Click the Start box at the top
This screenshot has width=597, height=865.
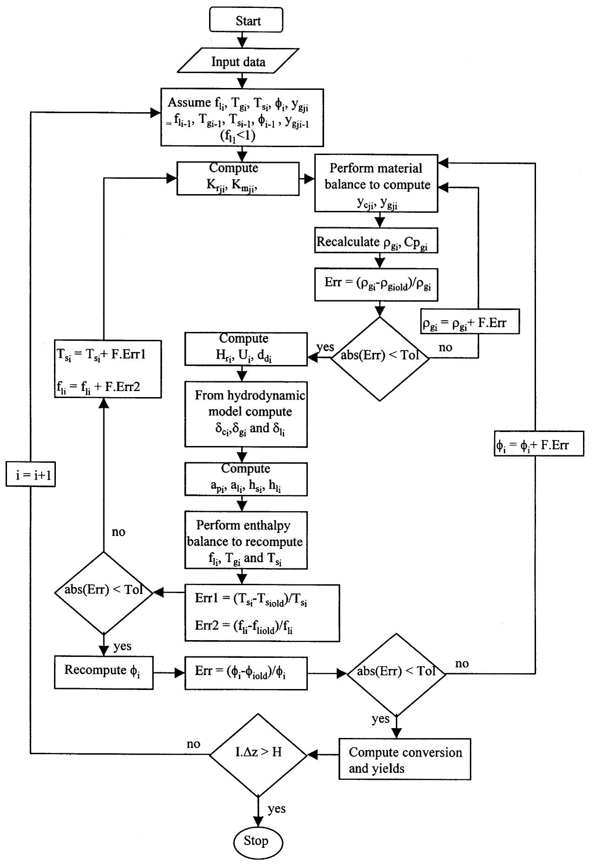(x=246, y=20)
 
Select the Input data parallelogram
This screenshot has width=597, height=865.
(x=238, y=62)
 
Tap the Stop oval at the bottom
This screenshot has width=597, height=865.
(x=257, y=841)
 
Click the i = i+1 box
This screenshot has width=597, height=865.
(x=30, y=475)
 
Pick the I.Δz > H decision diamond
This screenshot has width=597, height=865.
(x=258, y=752)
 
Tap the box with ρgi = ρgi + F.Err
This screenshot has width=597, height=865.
(x=469, y=323)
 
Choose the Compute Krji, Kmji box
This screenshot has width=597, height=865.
(x=237, y=178)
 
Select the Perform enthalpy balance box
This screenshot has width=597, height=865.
(x=246, y=540)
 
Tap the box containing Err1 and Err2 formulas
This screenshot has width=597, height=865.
(x=262, y=612)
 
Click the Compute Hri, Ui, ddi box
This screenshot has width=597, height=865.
(x=246, y=349)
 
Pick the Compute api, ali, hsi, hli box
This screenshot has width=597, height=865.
(x=246, y=479)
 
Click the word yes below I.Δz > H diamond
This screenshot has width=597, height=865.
(x=277, y=809)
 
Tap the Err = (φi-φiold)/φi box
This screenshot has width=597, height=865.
(x=246, y=673)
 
